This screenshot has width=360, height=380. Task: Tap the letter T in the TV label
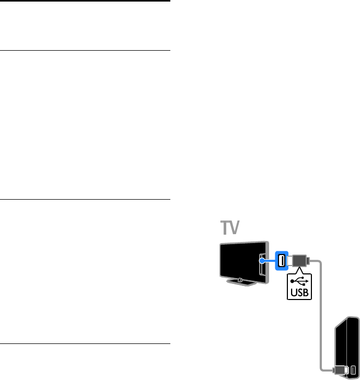225,228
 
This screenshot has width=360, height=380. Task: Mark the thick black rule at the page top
85,1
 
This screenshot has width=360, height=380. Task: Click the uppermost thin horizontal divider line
85,50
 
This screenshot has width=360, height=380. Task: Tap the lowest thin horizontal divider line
85,343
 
